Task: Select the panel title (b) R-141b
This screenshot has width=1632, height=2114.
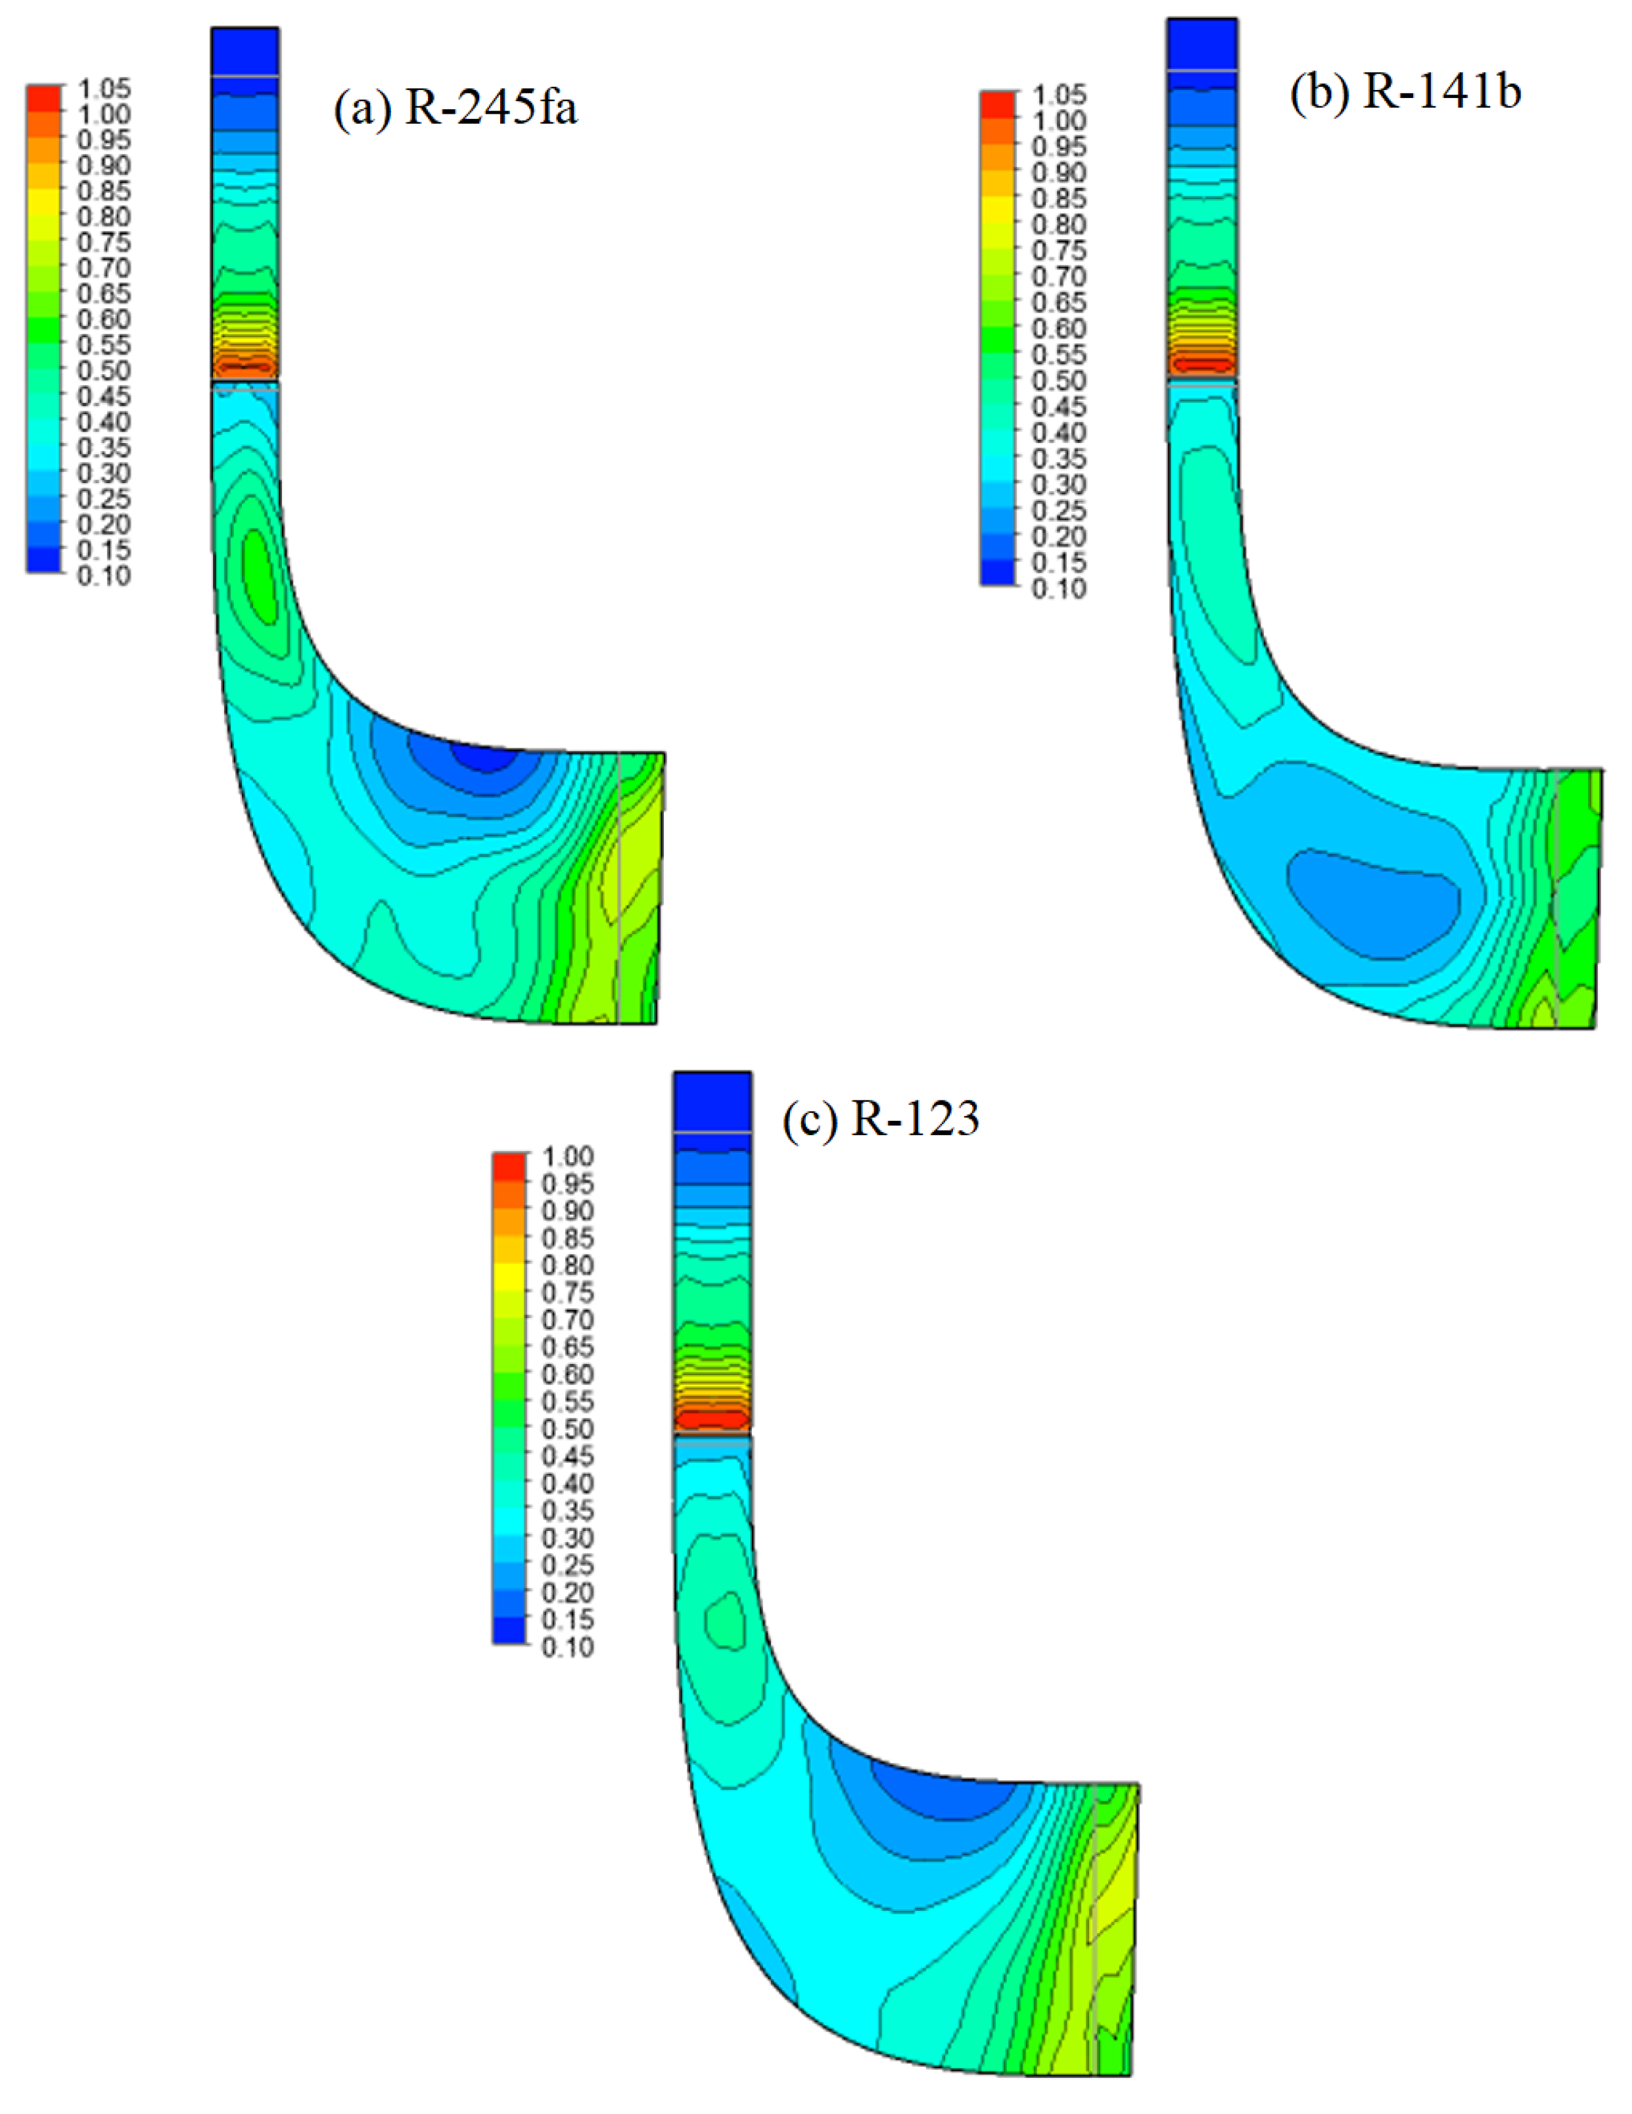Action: coord(1405,92)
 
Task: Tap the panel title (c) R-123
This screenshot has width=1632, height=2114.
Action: coord(881,1119)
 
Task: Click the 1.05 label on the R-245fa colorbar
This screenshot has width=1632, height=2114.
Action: coord(104,88)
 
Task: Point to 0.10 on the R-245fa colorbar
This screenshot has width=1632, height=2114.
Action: coord(104,575)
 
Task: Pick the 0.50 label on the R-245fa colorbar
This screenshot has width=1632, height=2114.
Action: coord(104,370)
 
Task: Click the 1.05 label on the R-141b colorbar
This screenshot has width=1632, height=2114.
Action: coord(1059,95)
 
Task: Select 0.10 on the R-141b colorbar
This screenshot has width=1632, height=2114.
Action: coord(1059,588)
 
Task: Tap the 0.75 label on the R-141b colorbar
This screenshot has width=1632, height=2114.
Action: coord(1059,250)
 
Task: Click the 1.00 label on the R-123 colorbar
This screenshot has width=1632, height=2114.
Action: coord(567,1156)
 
